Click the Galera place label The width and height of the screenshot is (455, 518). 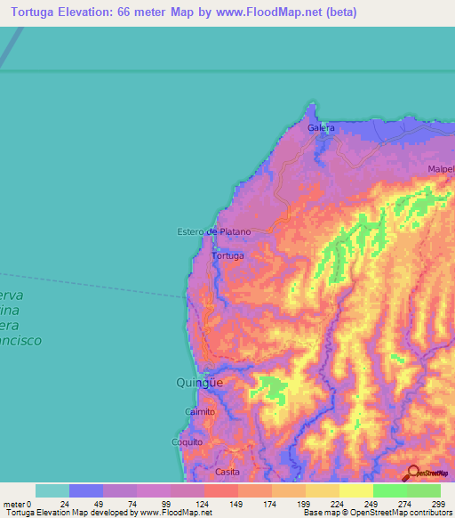321,128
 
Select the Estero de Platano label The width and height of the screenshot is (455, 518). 214,232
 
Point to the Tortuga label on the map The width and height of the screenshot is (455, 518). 227,255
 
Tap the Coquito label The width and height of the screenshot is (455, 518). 188,441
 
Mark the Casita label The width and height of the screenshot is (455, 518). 227,473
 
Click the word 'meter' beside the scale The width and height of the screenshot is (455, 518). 12,504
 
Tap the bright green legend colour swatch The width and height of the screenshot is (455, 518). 389,490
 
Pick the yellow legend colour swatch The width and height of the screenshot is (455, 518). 355,490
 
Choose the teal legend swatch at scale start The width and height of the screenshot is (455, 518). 52,490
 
